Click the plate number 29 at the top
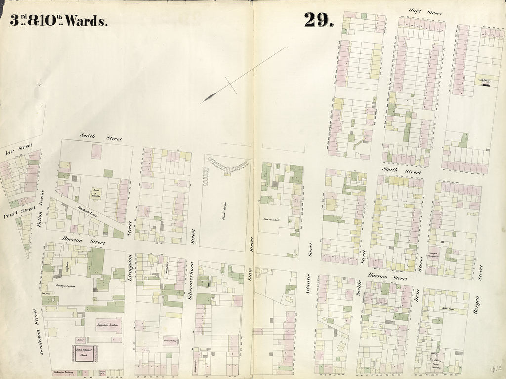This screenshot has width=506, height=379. click(x=319, y=20)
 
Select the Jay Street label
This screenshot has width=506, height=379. click(x=18, y=149)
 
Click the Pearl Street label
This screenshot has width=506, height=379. click(x=19, y=212)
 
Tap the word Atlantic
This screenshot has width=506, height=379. click(x=309, y=285)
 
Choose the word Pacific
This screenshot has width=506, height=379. click(x=360, y=287)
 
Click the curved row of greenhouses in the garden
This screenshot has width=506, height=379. click(x=227, y=166)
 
